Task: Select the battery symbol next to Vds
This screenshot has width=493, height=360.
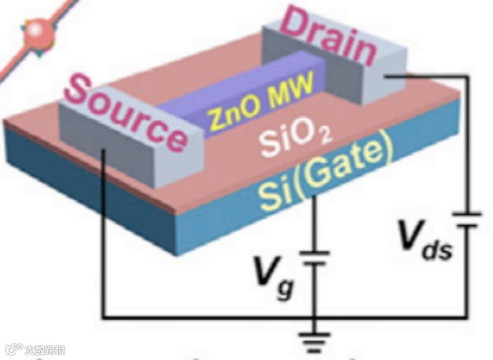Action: click(x=466, y=219)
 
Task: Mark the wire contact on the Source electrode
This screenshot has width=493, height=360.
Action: click(x=103, y=151)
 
